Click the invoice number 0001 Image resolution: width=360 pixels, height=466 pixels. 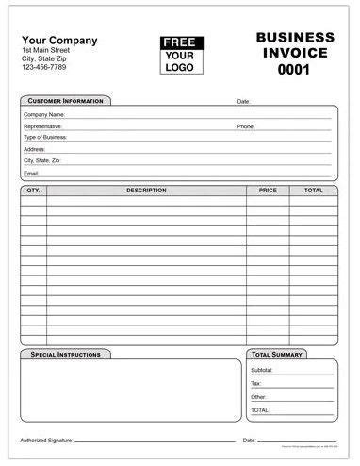[x=295, y=69]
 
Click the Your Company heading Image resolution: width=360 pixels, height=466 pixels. [x=58, y=40]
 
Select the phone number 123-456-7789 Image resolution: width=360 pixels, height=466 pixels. [x=46, y=68]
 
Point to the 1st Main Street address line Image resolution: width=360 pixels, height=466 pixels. [x=47, y=50]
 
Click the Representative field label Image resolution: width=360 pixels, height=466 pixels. [x=43, y=125]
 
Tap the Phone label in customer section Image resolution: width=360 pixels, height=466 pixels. [x=246, y=125]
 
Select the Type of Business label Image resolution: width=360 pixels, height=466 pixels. [x=45, y=137]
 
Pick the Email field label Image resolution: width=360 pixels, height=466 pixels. [x=31, y=174]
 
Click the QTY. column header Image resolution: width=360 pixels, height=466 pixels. [x=34, y=191]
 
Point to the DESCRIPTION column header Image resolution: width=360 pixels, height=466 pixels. [x=146, y=191]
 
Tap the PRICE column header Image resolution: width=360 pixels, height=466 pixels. [x=268, y=191]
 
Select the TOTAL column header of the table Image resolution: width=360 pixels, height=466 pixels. [x=313, y=191]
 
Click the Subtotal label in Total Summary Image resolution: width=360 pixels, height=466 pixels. [x=262, y=370]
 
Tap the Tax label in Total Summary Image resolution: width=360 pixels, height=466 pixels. [x=256, y=384]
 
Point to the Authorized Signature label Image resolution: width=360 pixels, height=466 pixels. [x=46, y=441]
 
